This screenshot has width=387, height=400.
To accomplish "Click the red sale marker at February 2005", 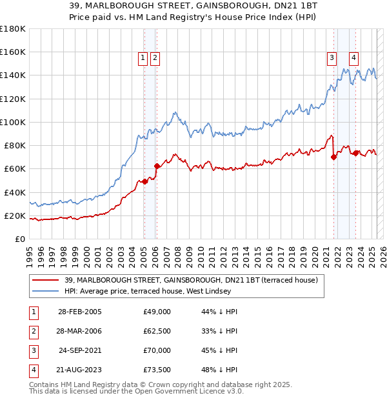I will tap(144, 181).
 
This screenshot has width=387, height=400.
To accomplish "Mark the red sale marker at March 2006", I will tap(157, 166).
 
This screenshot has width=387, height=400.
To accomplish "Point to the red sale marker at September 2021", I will tap(334, 157).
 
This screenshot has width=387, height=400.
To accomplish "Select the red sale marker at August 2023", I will tap(356, 153).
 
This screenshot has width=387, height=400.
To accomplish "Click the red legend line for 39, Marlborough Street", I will tap(46, 281).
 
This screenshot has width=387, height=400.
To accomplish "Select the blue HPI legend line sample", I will tap(46, 292).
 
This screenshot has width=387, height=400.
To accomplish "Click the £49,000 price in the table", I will tap(157, 312).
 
